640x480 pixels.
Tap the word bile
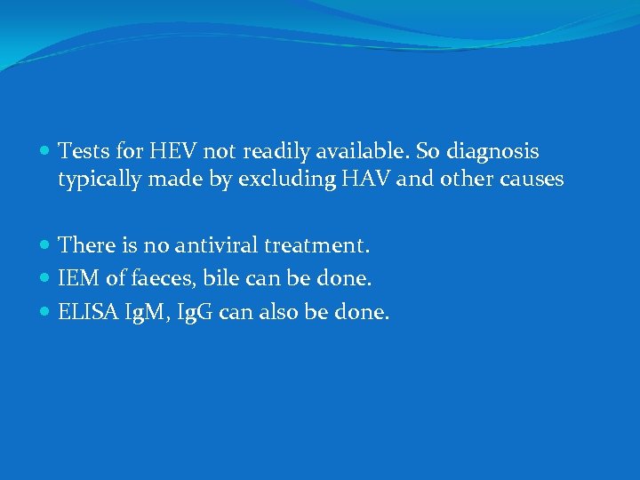pyautogui.click(x=220, y=278)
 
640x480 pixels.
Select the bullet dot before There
pyautogui.click(x=45, y=244)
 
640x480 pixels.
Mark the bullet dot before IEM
pyautogui.click(x=45, y=279)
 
